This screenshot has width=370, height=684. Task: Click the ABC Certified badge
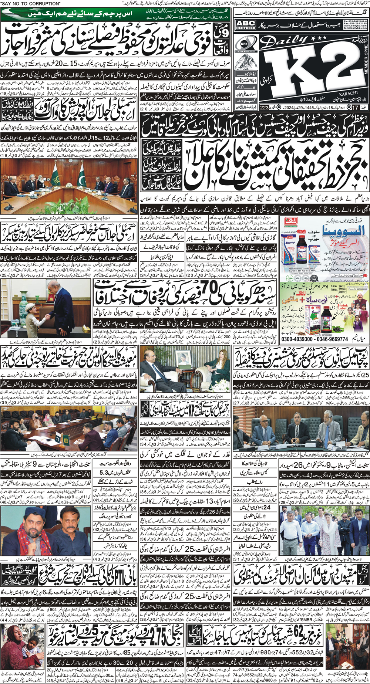tap(245, 25)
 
